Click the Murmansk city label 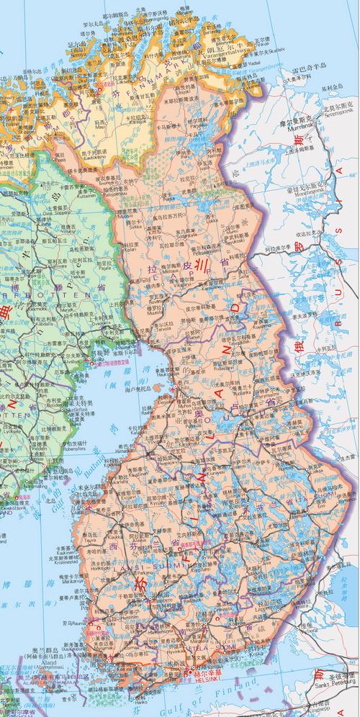[x=300, y=127]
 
